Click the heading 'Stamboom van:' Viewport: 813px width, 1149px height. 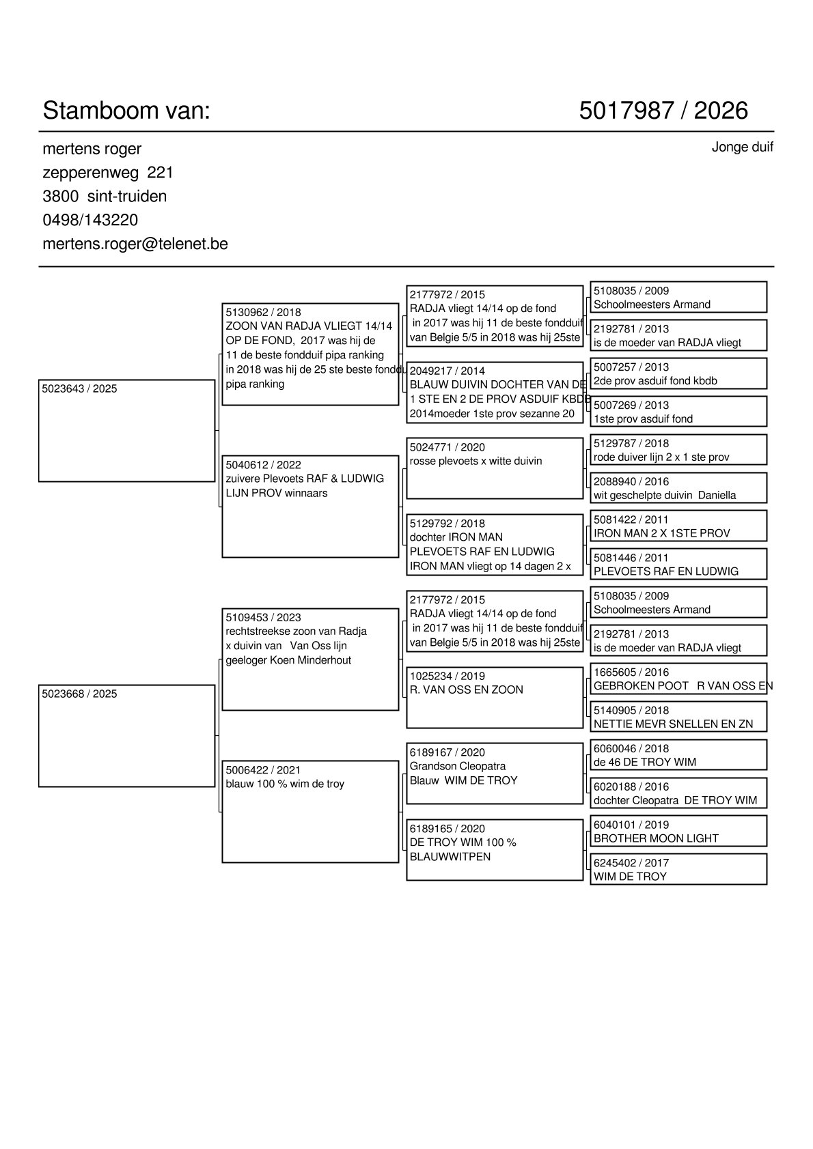point(126,111)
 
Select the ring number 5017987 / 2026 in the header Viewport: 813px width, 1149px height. point(663,111)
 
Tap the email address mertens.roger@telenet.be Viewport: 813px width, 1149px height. point(135,244)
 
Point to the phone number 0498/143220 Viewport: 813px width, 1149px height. point(90,220)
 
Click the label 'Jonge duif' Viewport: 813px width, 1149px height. point(742,147)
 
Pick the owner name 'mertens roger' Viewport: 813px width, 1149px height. point(92,149)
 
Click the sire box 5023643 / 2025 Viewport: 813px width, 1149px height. point(126,430)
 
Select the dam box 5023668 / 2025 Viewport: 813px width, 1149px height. point(126,735)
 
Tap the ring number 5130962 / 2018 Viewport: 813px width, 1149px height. point(263,313)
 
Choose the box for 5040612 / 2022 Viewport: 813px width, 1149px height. point(310,506)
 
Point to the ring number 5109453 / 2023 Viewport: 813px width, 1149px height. point(263,617)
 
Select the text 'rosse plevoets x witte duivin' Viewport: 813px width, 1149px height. point(476,462)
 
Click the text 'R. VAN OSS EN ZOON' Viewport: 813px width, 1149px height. point(466,690)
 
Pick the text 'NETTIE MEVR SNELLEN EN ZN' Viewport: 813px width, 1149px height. point(673,724)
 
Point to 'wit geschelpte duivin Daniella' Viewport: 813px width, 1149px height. point(664,495)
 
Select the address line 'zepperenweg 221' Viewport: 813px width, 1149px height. point(108,173)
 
